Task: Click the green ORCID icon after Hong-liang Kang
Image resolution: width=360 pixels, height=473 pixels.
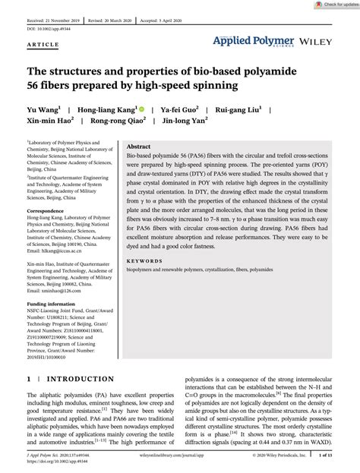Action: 142,109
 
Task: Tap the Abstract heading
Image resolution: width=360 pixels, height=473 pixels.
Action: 138,125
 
